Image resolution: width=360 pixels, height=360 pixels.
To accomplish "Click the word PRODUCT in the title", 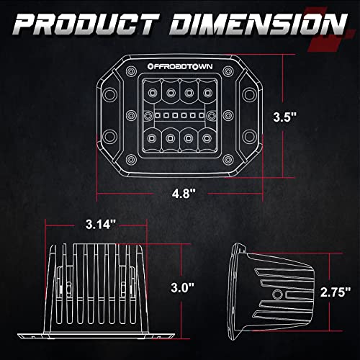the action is pyautogui.click(x=86, y=24).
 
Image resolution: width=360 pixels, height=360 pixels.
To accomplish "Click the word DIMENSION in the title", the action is pyautogui.click(x=258, y=24).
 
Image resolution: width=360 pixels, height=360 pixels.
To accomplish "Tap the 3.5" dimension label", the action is pyautogui.click(x=285, y=117).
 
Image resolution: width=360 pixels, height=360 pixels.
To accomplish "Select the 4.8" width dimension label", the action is pyautogui.click(x=184, y=193).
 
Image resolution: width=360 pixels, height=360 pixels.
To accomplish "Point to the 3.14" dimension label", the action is pyautogui.click(x=101, y=225).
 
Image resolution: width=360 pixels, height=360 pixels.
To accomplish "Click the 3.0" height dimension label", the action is pyautogui.click(x=182, y=287).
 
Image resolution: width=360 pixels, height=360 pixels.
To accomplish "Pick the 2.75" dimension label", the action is pyautogui.click(x=336, y=292).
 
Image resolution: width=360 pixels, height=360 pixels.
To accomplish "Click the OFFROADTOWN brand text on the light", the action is pyautogui.click(x=180, y=66).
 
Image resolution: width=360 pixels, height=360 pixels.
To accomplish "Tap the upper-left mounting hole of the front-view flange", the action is pyautogui.click(x=109, y=94).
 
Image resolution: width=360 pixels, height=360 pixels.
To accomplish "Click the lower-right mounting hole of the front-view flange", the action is pyautogui.click(x=249, y=136).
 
